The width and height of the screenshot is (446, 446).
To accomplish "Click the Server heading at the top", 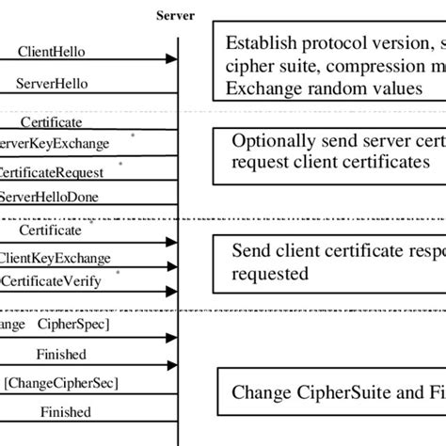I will pos(176,15).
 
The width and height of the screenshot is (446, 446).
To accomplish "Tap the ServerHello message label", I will pos(52,83).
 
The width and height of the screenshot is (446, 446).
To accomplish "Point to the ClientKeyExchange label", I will pos(54,257).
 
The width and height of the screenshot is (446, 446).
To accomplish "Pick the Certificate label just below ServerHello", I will pos(51,121).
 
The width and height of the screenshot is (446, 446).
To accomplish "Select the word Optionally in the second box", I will pos(277,141).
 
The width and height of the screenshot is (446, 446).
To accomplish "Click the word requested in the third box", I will pos(269,274).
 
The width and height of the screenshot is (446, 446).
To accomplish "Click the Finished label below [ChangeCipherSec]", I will pos(65,412).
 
